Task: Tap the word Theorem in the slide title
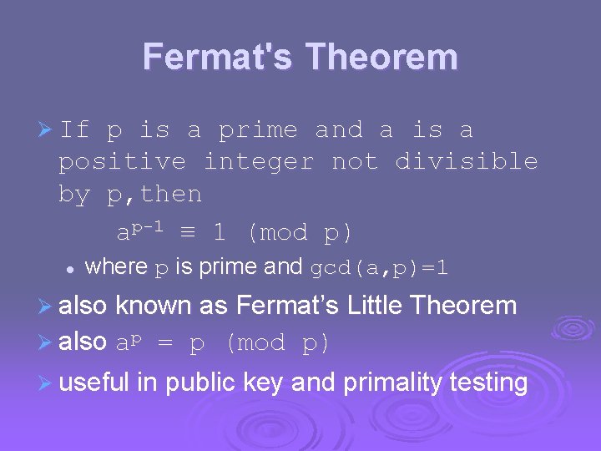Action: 381,58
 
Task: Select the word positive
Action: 123,161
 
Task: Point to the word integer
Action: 259,161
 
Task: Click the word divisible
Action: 466,161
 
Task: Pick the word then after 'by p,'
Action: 172,195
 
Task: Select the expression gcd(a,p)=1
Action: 379,268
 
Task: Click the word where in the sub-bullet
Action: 117,267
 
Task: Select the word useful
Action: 94,383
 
